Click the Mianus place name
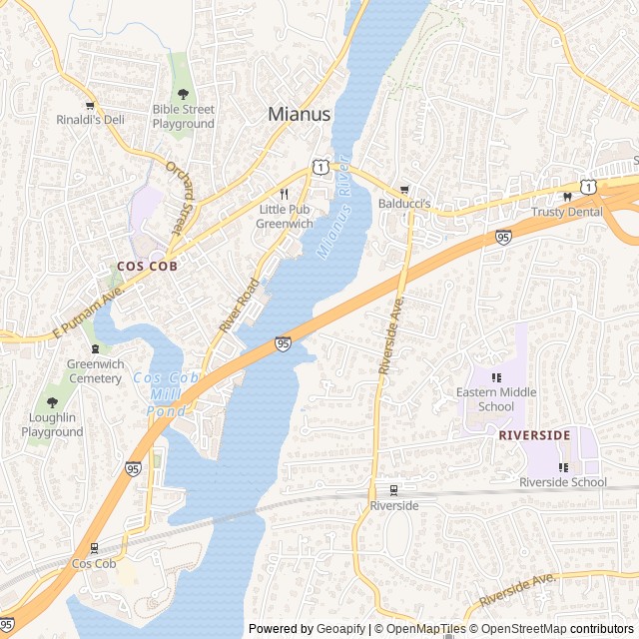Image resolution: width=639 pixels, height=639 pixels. (299, 114)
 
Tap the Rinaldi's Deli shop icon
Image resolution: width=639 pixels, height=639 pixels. (90, 104)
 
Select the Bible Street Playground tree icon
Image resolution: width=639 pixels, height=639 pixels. (183, 93)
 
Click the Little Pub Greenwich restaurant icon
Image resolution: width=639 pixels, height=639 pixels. (285, 194)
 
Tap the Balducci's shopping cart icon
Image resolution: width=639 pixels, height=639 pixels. (404, 189)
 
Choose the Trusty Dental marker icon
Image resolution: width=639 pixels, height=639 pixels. (567, 196)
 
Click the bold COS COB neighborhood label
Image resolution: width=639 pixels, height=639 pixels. (147, 267)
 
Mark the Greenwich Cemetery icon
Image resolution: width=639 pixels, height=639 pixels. (94, 348)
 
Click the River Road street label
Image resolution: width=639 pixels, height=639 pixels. (239, 306)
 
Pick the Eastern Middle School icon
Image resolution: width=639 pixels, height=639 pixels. (496, 376)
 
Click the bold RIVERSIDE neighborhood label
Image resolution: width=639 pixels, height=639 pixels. (534, 435)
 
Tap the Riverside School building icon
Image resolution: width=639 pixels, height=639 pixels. (562, 466)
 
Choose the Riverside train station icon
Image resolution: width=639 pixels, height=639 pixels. (393, 490)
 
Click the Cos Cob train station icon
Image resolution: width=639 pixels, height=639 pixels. (94, 547)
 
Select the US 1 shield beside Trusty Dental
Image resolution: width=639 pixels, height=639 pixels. (590, 187)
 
